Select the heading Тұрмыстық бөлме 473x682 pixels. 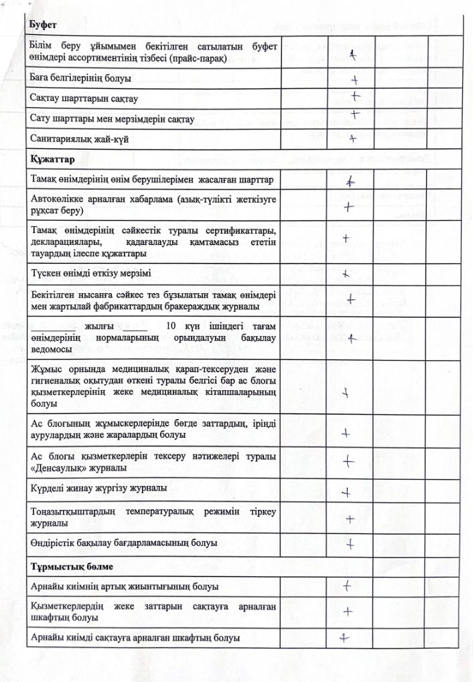point(66,566)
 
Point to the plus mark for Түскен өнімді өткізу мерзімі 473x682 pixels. point(346,273)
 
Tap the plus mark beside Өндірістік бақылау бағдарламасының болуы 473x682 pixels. point(349,543)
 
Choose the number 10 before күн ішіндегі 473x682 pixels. point(171,326)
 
